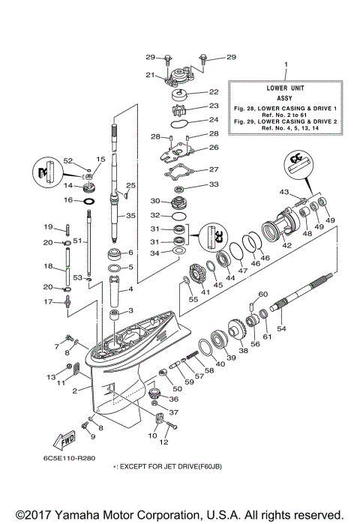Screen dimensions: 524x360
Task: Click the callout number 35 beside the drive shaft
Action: coord(131,216)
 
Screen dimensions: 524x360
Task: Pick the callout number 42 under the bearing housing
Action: coord(286,244)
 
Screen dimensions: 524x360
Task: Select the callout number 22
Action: coord(214,92)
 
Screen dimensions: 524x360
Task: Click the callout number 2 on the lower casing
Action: coord(74,391)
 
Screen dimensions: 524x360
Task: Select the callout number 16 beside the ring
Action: coord(67,201)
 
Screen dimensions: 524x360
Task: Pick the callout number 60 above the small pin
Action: coord(263,294)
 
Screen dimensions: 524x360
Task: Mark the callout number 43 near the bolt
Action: coord(283,193)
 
